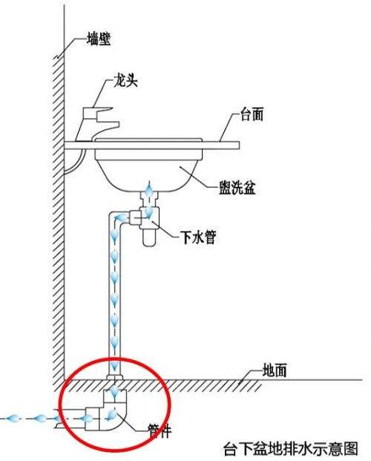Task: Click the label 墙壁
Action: pos(99,39)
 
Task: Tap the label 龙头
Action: pos(126,80)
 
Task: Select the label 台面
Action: pos(252,114)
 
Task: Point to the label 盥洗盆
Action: pos(237,187)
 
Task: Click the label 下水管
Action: pos(198,237)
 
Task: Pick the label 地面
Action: pos(275,370)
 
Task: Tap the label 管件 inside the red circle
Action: pos(159,431)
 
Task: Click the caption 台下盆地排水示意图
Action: pos(291,448)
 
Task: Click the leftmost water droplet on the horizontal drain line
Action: pos(13,417)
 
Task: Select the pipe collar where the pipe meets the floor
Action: pos(115,377)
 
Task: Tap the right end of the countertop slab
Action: pos(239,146)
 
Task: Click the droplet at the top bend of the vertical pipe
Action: pos(121,218)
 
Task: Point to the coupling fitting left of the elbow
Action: pos(92,419)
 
